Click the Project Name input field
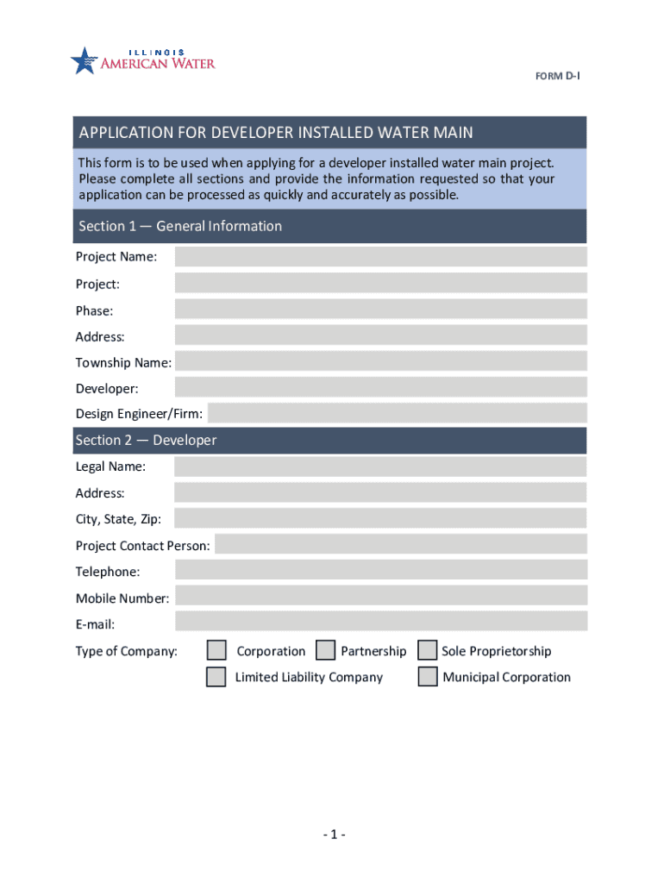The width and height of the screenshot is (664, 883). [380, 256]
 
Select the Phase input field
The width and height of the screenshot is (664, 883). [380, 310]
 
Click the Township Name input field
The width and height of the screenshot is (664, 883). [380, 361]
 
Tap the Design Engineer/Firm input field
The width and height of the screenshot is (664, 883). [397, 413]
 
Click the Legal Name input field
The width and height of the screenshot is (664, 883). [380, 467]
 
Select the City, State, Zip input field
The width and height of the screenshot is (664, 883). [380, 518]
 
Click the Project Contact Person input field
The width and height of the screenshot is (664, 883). [400, 544]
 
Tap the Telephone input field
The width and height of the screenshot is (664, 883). [380, 570]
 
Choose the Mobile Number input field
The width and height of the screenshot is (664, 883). [380, 596]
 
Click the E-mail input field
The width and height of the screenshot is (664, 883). [380, 621]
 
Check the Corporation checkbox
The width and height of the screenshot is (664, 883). [216, 650]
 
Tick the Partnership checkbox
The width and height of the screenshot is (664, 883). [326, 650]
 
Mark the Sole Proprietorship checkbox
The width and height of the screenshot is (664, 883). [427, 650]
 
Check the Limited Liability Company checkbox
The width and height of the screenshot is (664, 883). [216, 676]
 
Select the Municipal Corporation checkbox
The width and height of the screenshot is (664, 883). [427, 676]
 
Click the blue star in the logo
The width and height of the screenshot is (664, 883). [85, 60]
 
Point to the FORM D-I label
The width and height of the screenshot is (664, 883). [557, 77]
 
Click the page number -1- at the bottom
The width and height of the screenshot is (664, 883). [335, 834]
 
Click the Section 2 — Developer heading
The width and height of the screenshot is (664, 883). [146, 441]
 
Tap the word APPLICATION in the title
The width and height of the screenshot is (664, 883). [126, 133]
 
